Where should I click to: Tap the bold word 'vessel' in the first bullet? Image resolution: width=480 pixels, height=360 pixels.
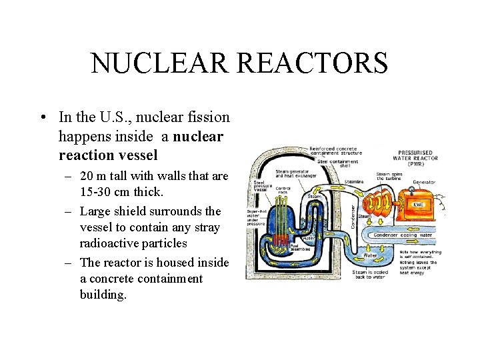137,155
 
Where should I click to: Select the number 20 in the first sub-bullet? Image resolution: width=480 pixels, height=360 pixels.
87,177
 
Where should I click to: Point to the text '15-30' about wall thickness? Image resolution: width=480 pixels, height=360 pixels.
95,193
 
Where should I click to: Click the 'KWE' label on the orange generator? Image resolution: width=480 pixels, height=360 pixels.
419,205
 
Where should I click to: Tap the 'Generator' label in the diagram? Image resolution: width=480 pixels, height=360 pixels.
424,182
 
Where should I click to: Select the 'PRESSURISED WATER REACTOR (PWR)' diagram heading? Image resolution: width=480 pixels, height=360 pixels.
418,157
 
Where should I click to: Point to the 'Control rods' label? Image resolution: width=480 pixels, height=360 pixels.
283,191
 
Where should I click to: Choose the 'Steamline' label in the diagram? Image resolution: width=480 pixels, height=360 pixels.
353,181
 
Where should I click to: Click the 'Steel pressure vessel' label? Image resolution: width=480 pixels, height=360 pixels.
260,185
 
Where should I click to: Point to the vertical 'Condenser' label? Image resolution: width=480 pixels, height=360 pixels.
353,215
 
